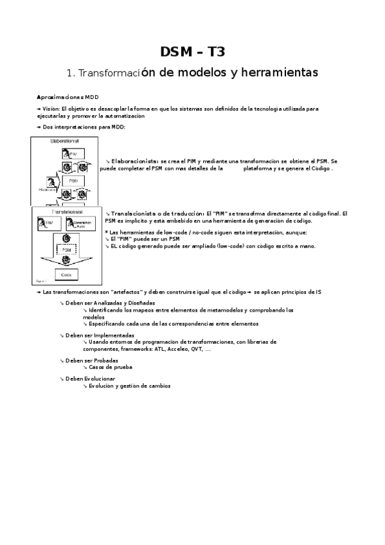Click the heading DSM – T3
click(192, 52)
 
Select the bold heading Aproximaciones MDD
click(67, 96)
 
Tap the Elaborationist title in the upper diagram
click(64, 140)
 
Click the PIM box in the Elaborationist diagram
click(70, 153)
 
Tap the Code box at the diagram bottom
click(67, 274)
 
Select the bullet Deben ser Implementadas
click(100, 335)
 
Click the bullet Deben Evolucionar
click(95, 379)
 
